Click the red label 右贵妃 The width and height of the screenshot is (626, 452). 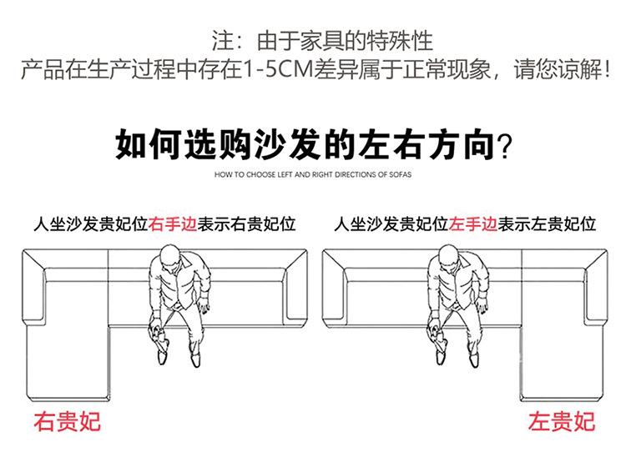pyautogui.click(x=67, y=420)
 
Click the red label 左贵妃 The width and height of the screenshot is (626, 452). pyautogui.click(x=562, y=420)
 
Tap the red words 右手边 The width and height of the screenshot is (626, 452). pyautogui.click(x=172, y=223)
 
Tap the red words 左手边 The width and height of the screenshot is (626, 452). pyautogui.click(x=472, y=223)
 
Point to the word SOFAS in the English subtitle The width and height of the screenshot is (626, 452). pyautogui.click(x=400, y=176)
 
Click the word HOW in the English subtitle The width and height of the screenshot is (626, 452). pyautogui.click(x=222, y=176)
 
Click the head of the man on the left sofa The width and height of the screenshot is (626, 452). pyautogui.click(x=168, y=255)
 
